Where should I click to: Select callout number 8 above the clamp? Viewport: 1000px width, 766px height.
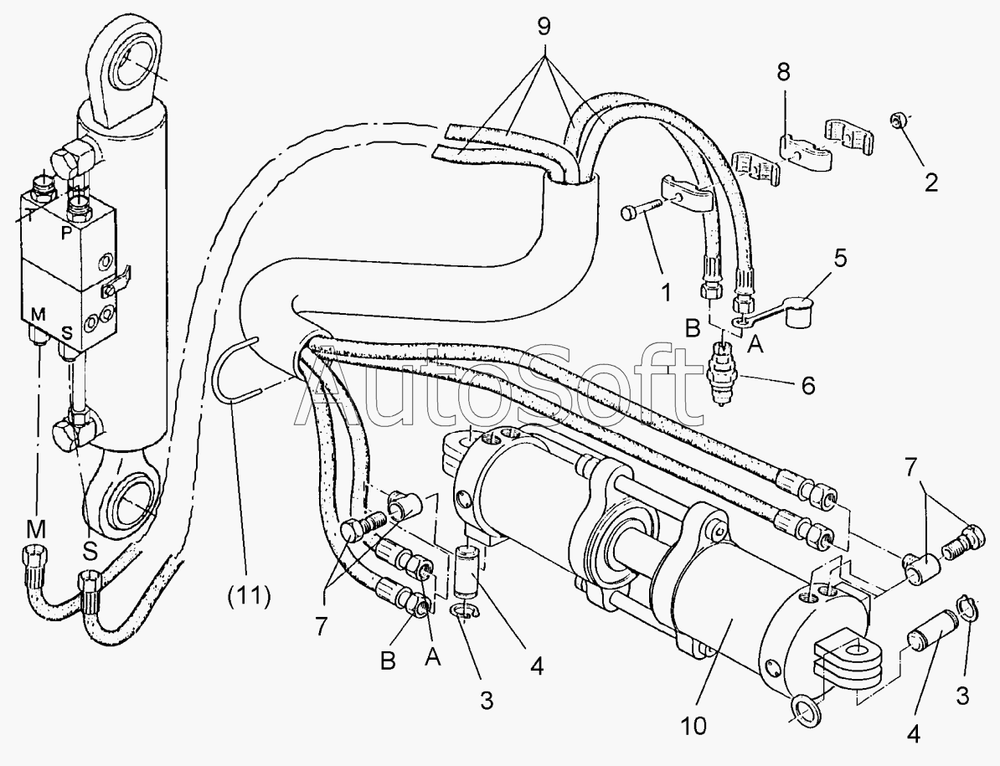point(783,72)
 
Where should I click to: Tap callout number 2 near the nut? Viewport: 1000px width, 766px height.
point(931,183)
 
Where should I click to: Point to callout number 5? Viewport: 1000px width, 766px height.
point(840,258)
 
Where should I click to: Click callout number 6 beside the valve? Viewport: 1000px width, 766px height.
point(807,385)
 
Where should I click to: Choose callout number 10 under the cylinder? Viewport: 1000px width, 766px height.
point(693,725)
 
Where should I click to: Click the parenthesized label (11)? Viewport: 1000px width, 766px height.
point(250,596)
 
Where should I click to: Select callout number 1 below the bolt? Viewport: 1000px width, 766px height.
point(666,292)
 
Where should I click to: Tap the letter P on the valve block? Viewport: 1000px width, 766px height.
point(66,234)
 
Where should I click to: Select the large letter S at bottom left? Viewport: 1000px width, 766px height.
point(90,550)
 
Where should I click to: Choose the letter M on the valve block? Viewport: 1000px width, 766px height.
point(39,315)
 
